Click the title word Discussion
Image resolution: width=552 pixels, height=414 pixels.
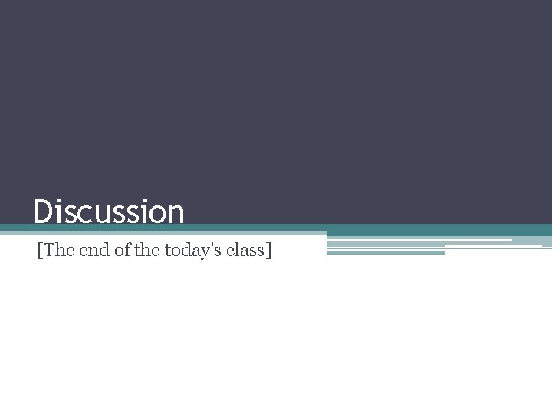(109, 212)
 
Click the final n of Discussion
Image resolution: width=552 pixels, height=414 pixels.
(176, 214)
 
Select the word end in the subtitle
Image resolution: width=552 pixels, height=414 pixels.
(94, 250)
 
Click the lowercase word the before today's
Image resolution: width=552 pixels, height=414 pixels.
(146, 250)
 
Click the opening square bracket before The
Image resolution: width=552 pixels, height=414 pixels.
(39, 251)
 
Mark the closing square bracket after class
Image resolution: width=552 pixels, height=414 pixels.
(268, 251)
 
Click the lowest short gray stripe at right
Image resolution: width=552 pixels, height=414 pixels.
(386, 252)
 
